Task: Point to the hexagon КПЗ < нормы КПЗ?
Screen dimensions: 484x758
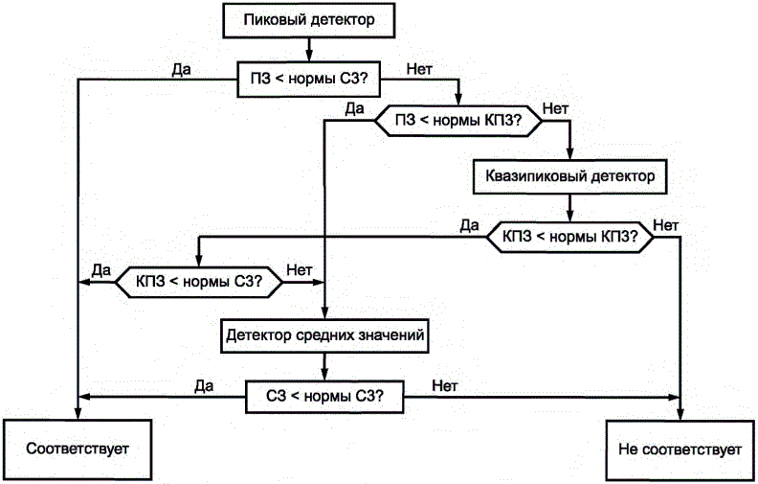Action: [x=571, y=237]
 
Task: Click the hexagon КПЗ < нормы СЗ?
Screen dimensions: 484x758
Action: [x=199, y=282]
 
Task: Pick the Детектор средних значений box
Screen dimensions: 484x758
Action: [x=325, y=336]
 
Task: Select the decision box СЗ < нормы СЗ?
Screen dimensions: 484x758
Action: [x=325, y=396]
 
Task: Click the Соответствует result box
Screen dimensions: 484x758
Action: [x=78, y=449]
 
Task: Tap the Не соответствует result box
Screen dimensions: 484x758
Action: [x=680, y=449]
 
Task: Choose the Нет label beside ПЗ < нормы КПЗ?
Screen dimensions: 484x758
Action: [x=554, y=107]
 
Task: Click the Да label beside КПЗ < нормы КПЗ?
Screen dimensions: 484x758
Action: [x=469, y=225]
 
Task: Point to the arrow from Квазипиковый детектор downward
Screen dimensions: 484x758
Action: [x=570, y=205]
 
